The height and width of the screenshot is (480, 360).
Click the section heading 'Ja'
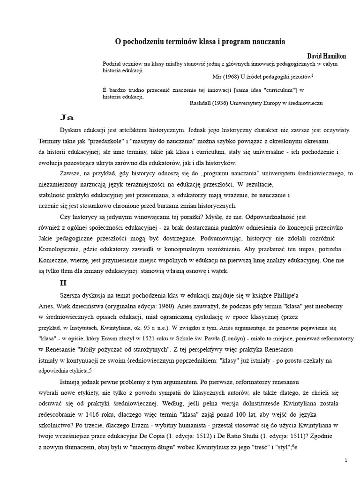[67, 117]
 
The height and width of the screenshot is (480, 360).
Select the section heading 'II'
[64, 283]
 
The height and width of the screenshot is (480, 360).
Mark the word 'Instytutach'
[87, 327]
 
